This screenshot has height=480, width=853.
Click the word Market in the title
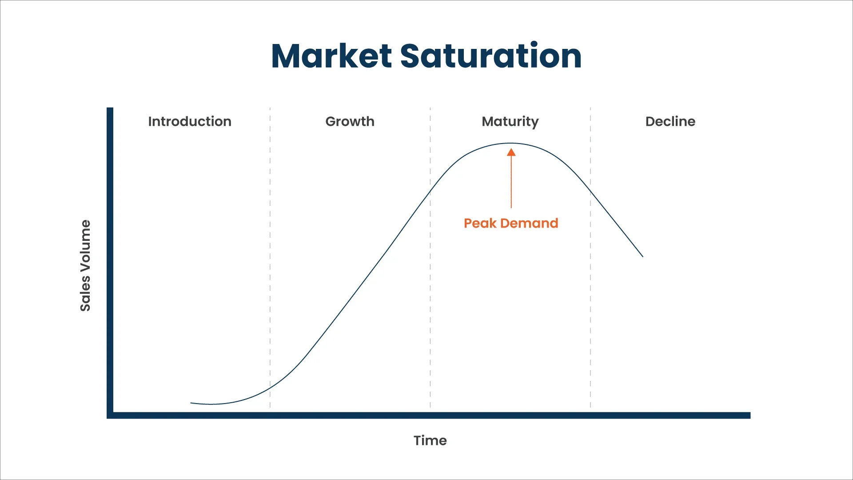331,56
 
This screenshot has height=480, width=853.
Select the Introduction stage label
190,121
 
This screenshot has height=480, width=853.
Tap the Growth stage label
350,121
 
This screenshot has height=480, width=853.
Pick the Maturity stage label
510,121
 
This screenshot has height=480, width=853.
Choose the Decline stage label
670,121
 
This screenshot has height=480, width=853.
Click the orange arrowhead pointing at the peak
511,152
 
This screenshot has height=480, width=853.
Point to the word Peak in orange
480,223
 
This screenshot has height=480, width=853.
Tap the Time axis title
430,440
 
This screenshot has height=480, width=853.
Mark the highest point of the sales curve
511,143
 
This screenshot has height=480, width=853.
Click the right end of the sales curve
642,256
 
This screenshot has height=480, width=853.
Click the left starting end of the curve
191,403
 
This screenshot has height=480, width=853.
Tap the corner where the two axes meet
110,415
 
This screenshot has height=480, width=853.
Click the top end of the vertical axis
110,109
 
